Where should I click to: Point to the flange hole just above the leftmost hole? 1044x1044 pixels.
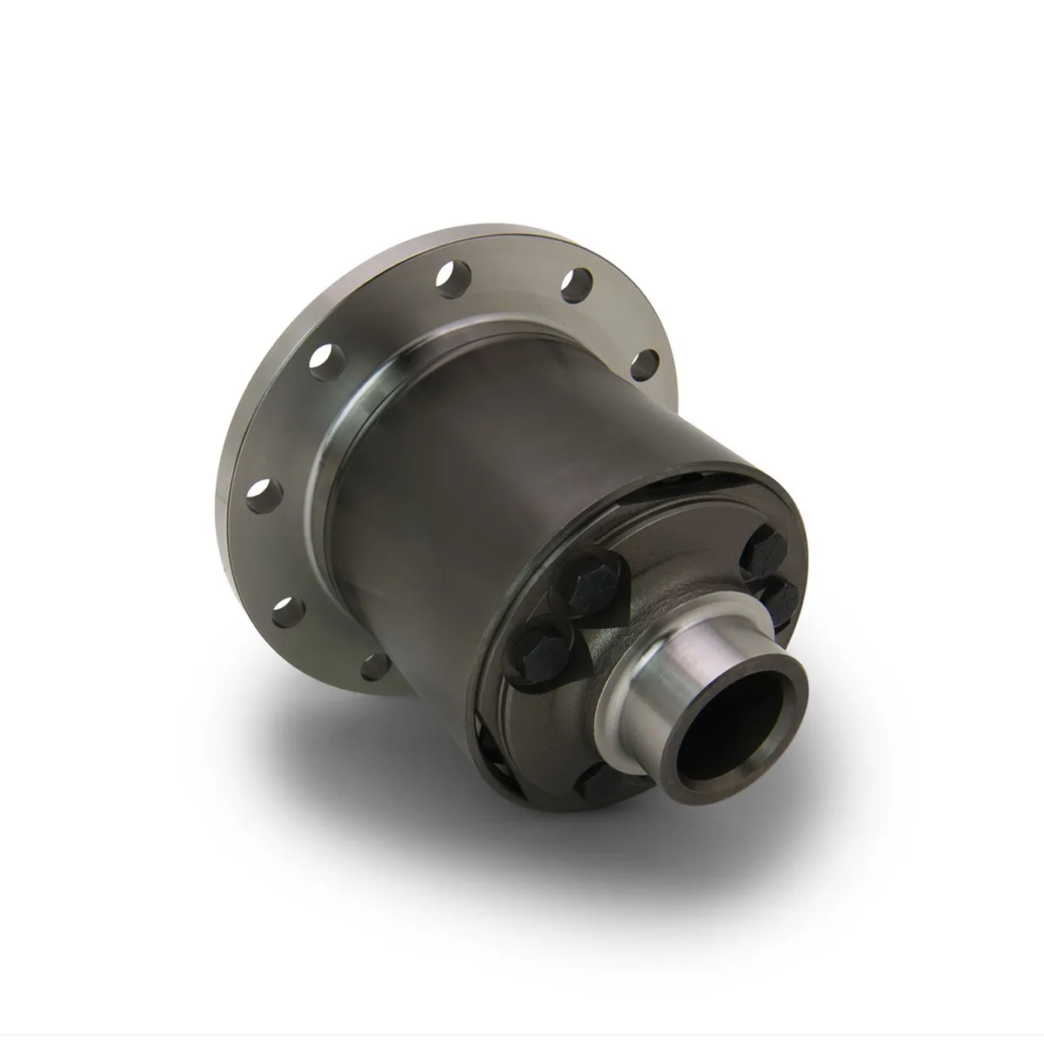pos(322,357)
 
